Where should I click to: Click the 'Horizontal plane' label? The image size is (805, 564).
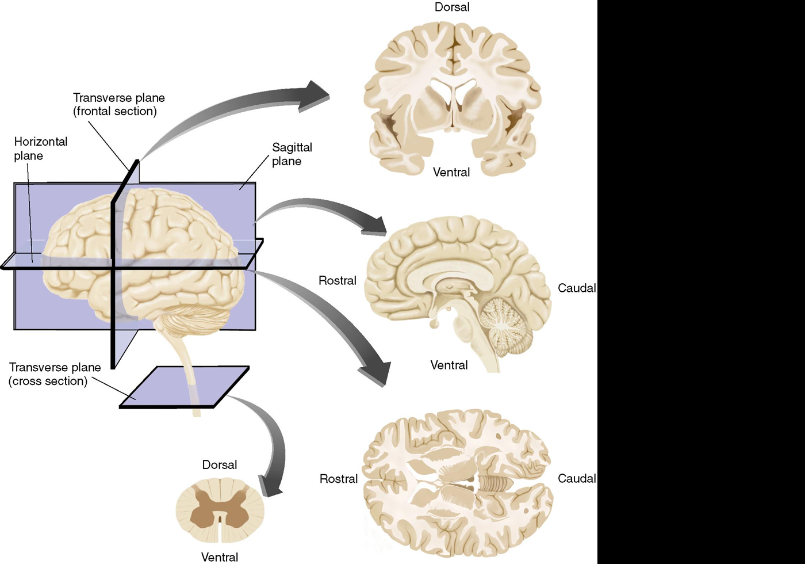(x=40, y=148)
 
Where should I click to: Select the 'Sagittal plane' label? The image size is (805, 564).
(x=292, y=154)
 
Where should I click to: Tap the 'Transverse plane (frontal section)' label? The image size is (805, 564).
(x=118, y=104)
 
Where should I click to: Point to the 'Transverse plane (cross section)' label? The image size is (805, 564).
(x=55, y=374)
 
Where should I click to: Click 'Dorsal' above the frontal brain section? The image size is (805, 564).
(x=452, y=7)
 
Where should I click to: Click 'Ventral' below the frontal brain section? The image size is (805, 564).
(x=451, y=172)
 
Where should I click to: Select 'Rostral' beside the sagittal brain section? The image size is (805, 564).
(x=338, y=281)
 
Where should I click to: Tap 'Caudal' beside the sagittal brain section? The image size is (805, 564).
(x=577, y=288)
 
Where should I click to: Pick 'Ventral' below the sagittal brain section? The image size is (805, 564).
(x=449, y=365)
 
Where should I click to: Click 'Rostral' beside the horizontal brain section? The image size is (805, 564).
(x=339, y=479)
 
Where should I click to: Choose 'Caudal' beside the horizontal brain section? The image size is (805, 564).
(x=577, y=478)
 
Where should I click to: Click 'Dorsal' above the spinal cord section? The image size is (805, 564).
(x=220, y=465)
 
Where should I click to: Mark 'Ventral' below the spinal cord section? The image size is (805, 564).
(x=220, y=557)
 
